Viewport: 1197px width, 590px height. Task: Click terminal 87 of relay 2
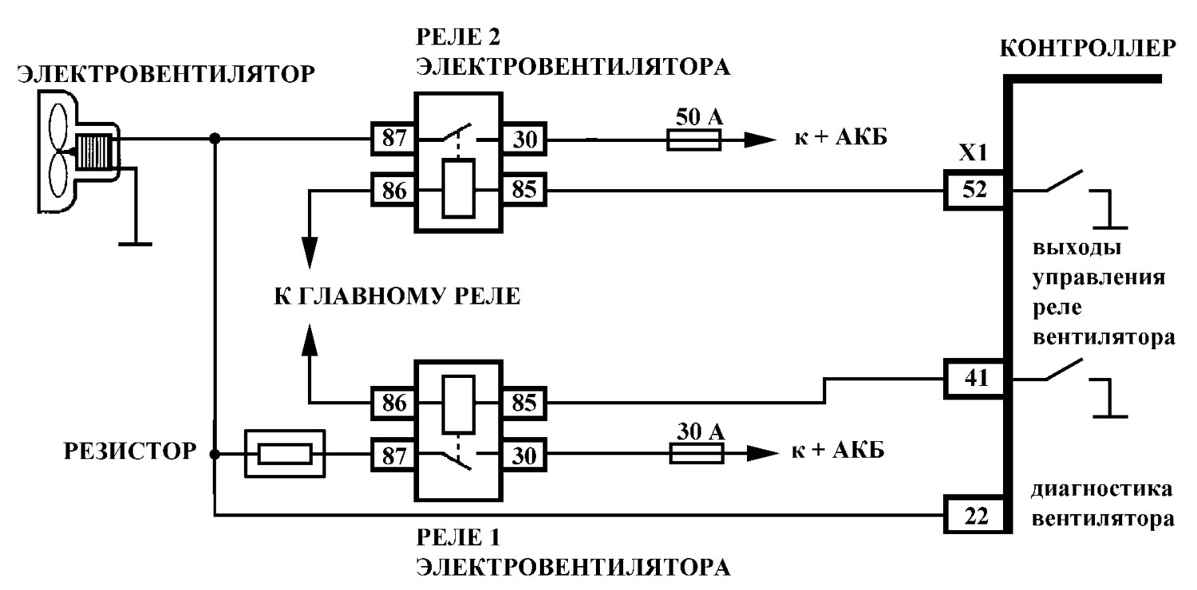(x=393, y=138)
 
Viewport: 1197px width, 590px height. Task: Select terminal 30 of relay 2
(x=524, y=140)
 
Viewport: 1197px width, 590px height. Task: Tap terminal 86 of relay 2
(x=393, y=190)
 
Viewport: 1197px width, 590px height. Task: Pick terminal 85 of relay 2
(x=524, y=190)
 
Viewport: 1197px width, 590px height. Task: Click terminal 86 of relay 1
(x=393, y=403)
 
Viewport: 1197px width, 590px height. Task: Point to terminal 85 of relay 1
(x=524, y=403)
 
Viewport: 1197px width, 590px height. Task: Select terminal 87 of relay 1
(x=393, y=455)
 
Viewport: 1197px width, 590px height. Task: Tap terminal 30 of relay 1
(x=524, y=455)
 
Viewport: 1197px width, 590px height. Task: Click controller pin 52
(x=974, y=190)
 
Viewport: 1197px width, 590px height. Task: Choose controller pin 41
(x=974, y=379)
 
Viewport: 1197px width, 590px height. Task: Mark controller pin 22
(x=974, y=515)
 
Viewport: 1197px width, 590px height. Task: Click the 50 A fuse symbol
(x=693, y=140)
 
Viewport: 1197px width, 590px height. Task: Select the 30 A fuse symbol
(x=697, y=454)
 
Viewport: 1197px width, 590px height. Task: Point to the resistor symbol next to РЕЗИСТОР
(x=285, y=454)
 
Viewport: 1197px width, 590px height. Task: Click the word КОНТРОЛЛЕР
(x=1088, y=49)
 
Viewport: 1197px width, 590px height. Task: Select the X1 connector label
(x=973, y=154)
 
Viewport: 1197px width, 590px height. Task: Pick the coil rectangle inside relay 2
(x=459, y=188)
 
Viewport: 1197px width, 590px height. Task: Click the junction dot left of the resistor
(x=215, y=454)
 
